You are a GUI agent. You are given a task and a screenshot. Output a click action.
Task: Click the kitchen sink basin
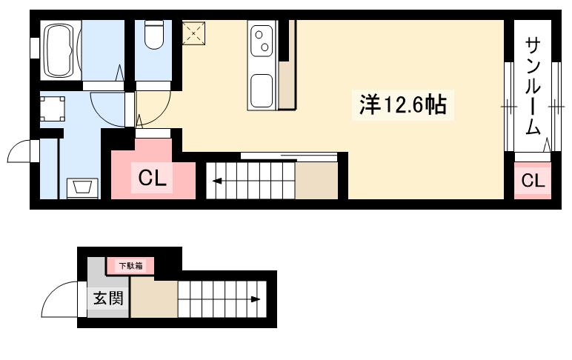coord(262,91)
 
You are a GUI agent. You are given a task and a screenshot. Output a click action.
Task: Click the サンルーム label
coord(533,85)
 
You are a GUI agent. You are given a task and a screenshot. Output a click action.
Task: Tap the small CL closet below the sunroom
coord(532,180)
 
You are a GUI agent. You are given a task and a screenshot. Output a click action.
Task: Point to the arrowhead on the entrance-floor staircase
coord(256,299)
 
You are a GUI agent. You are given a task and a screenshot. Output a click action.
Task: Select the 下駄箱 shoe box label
coord(130,264)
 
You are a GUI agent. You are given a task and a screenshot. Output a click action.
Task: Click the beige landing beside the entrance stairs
coord(155,299)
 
